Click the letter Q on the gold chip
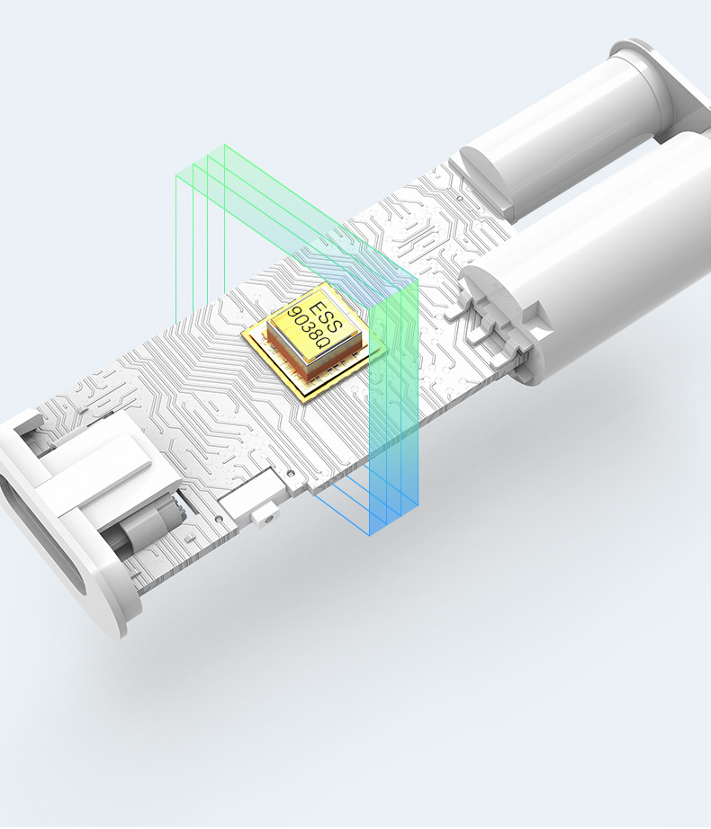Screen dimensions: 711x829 pos(323,342)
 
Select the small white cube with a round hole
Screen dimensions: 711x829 pos(265,515)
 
